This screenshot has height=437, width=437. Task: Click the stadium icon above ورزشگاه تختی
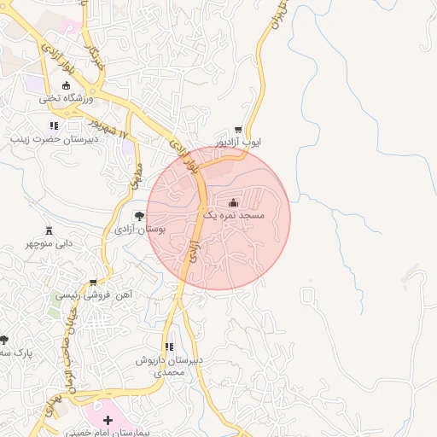click(x=67, y=85)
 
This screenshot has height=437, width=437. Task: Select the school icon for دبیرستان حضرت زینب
click(x=54, y=125)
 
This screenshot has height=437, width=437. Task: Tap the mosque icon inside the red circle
click(x=233, y=202)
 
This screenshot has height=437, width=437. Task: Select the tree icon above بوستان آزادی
click(x=138, y=215)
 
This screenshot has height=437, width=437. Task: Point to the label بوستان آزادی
click(x=138, y=230)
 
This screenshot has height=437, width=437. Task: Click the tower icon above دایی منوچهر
click(x=49, y=230)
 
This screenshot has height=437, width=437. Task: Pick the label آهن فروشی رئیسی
click(x=94, y=294)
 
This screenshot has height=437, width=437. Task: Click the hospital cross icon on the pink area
click(x=108, y=421)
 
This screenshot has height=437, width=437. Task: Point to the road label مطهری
click(x=135, y=175)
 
